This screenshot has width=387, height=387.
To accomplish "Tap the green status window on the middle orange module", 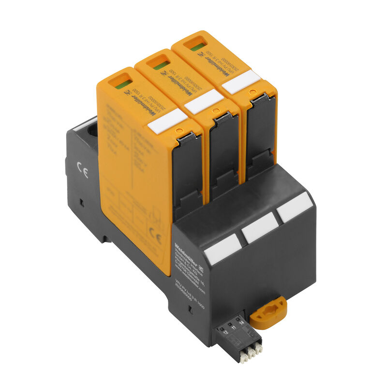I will pyautogui.click(x=162, y=64).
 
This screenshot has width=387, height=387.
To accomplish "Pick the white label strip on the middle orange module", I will pyautogui.click(x=204, y=102).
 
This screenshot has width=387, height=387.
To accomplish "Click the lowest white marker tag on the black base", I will pyautogui.click(x=223, y=249).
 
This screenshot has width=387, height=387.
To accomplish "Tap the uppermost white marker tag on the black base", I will pyautogui.click(x=295, y=207).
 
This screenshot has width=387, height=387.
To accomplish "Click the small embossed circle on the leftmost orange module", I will pyautogui.click(x=179, y=131).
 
